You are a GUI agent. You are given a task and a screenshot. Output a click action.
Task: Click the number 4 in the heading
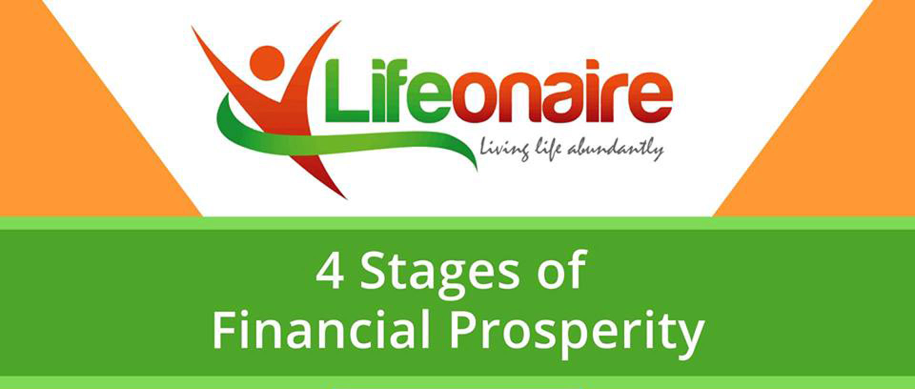[330, 271]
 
